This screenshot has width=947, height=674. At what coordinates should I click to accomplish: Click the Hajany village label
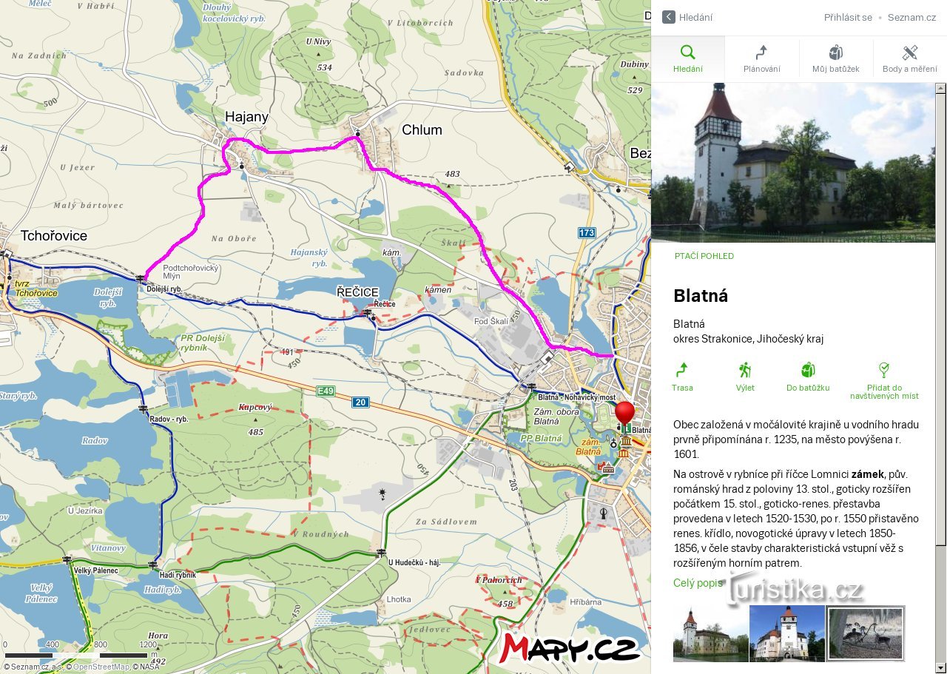pyautogui.click(x=247, y=117)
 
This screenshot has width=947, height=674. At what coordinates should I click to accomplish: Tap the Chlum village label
pyautogui.click(x=422, y=130)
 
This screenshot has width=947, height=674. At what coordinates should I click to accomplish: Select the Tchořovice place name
pyautogui.click(x=54, y=236)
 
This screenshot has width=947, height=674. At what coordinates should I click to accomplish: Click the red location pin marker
pyautogui.click(x=625, y=413)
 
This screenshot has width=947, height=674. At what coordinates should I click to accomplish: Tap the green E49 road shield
pyautogui.click(x=326, y=391)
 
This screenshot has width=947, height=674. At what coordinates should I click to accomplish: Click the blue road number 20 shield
pyautogui.click(x=360, y=402)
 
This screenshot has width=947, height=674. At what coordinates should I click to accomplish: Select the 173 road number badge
pyautogui.click(x=587, y=233)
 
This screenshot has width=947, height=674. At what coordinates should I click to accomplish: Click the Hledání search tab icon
pyautogui.click(x=687, y=53)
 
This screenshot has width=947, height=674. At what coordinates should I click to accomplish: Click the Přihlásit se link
pyautogui.click(x=848, y=17)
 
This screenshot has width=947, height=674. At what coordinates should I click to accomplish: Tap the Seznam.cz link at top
pyautogui.click(x=911, y=17)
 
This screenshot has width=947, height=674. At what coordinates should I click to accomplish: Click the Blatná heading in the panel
pyautogui.click(x=701, y=296)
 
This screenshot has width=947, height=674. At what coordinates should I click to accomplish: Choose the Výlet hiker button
pyautogui.click(x=745, y=377)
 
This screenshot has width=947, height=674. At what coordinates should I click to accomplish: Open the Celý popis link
pyautogui.click(x=698, y=583)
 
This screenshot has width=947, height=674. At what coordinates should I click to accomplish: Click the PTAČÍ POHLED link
pyautogui.click(x=704, y=256)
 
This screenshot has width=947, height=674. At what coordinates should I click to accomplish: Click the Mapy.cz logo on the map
pyautogui.click(x=569, y=648)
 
